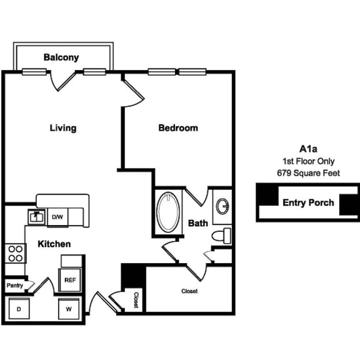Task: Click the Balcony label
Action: (x=61, y=57)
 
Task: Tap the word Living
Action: (x=63, y=128)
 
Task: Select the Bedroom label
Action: (x=178, y=128)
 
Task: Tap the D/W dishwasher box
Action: (x=57, y=217)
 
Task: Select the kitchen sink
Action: (x=36, y=217)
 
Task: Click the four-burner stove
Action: (x=15, y=253)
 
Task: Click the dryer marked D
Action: (x=18, y=309)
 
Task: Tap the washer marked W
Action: (x=69, y=309)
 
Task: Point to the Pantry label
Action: (x=14, y=286)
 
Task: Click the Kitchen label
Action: (x=53, y=244)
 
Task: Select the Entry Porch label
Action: (x=308, y=202)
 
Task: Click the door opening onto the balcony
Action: (x=64, y=79)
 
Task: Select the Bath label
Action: (x=198, y=223)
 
